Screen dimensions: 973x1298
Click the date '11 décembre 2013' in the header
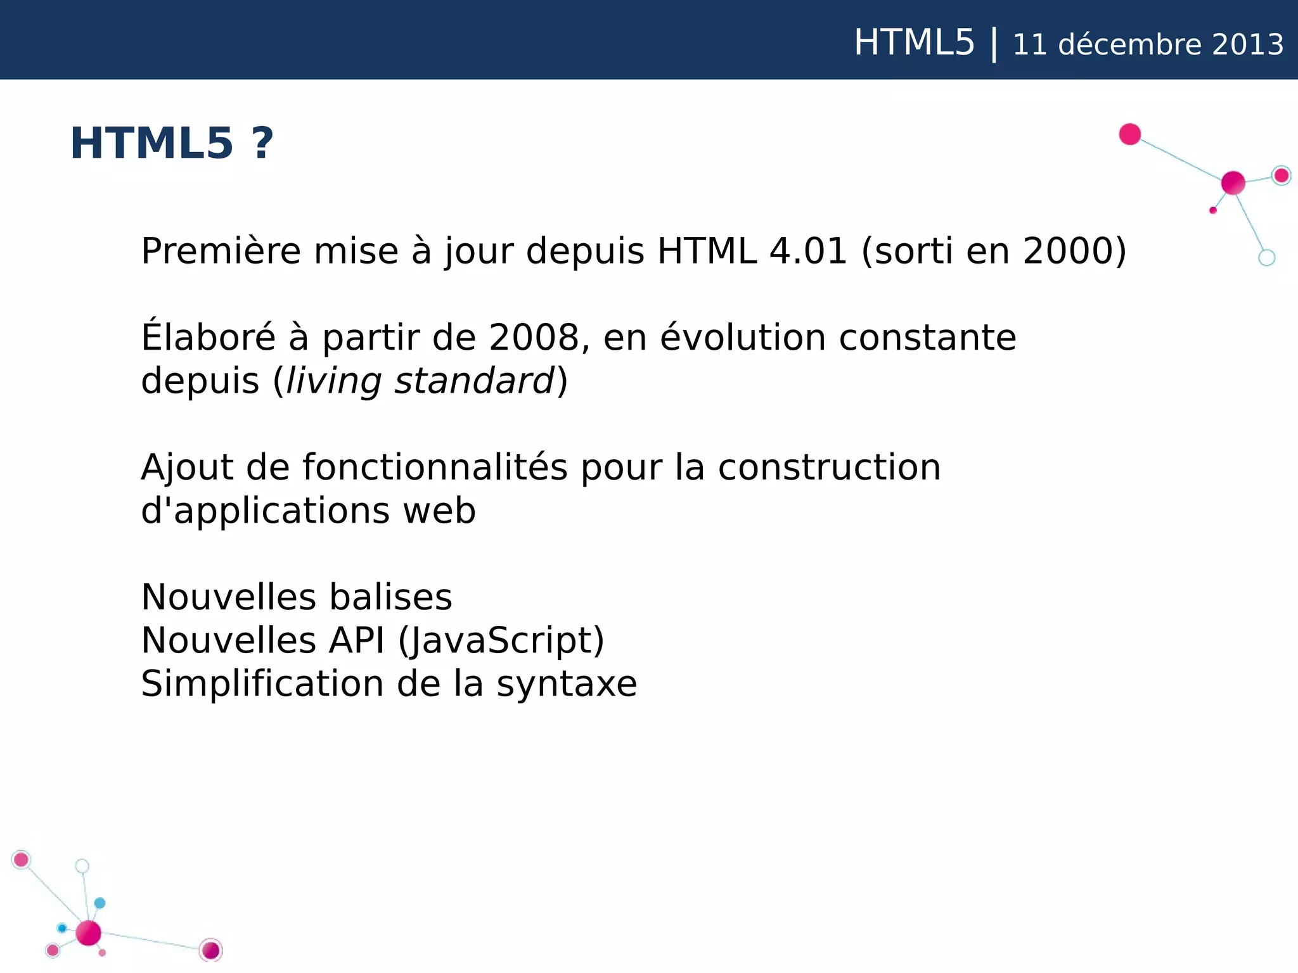coord(1148,44)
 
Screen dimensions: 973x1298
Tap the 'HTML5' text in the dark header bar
coord(913,43)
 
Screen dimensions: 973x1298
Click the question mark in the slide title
coord(262,143)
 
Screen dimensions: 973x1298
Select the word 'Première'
coord(221,251)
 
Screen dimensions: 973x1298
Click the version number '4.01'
coord(808,251)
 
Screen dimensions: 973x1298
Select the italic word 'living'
coord(333,381)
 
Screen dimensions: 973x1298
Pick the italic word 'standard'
coord(475,381)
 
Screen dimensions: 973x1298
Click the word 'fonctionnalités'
coord(435,467)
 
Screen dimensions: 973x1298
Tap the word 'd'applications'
coord(265,511)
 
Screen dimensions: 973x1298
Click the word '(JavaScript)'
coord(501,640)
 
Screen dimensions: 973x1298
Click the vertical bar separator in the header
coord(994,44)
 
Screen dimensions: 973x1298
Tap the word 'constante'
coord(927,338)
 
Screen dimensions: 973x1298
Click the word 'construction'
coord(829,467)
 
